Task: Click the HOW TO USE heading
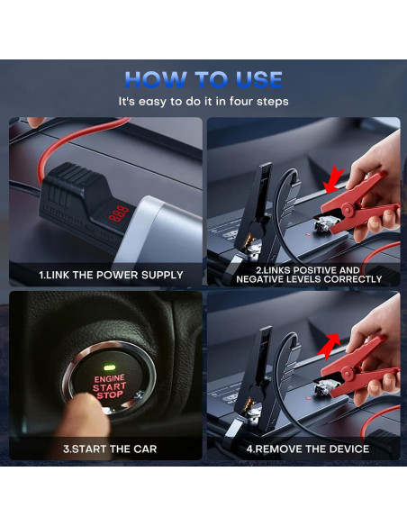tap(203, 79)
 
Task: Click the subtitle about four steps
tap(203, 101)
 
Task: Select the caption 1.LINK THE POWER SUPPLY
tap(111, 275)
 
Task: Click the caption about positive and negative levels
tap(309, 275)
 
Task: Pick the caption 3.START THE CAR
tap(110, 449)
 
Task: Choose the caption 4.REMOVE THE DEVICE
tap(308, 449)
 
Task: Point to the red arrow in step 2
tap(333, 180)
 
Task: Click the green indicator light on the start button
tap(109, 367)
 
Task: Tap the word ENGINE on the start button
tap(109, 378)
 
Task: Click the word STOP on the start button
tap(110, 395)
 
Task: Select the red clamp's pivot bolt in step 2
tap(347, 212)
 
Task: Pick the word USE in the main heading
tap(258, 79)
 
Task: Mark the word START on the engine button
tap(109, 387)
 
